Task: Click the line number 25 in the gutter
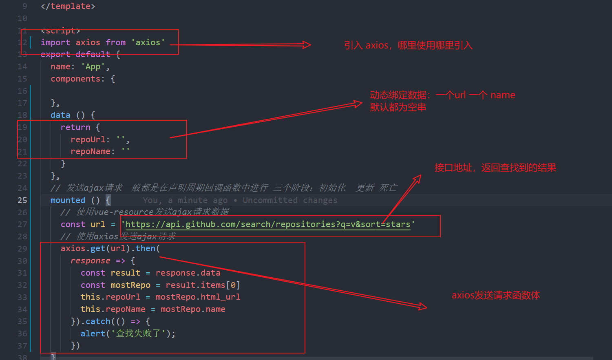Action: tap(22, 200)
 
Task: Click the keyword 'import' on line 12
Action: tap(55, 42)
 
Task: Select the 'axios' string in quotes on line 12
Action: tap(148, 42)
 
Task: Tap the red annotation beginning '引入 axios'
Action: tap(408, 45)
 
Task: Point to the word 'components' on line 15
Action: tap(75, 79)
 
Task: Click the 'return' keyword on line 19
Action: tap(75, 127)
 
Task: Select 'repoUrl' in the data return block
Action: tap(88, 139)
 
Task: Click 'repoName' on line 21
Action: tap(90, 151)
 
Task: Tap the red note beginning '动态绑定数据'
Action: tap(442, 95)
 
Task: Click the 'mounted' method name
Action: tap(68, 200)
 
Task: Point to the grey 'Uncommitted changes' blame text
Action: tap(290, 200)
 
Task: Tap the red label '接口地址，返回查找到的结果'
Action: tap(495, 168)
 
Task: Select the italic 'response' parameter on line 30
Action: tap(90, 261)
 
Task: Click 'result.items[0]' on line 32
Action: tap(203, 285)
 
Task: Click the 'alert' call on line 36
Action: tap(93, 333)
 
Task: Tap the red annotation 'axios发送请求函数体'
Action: tap(496, 295)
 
